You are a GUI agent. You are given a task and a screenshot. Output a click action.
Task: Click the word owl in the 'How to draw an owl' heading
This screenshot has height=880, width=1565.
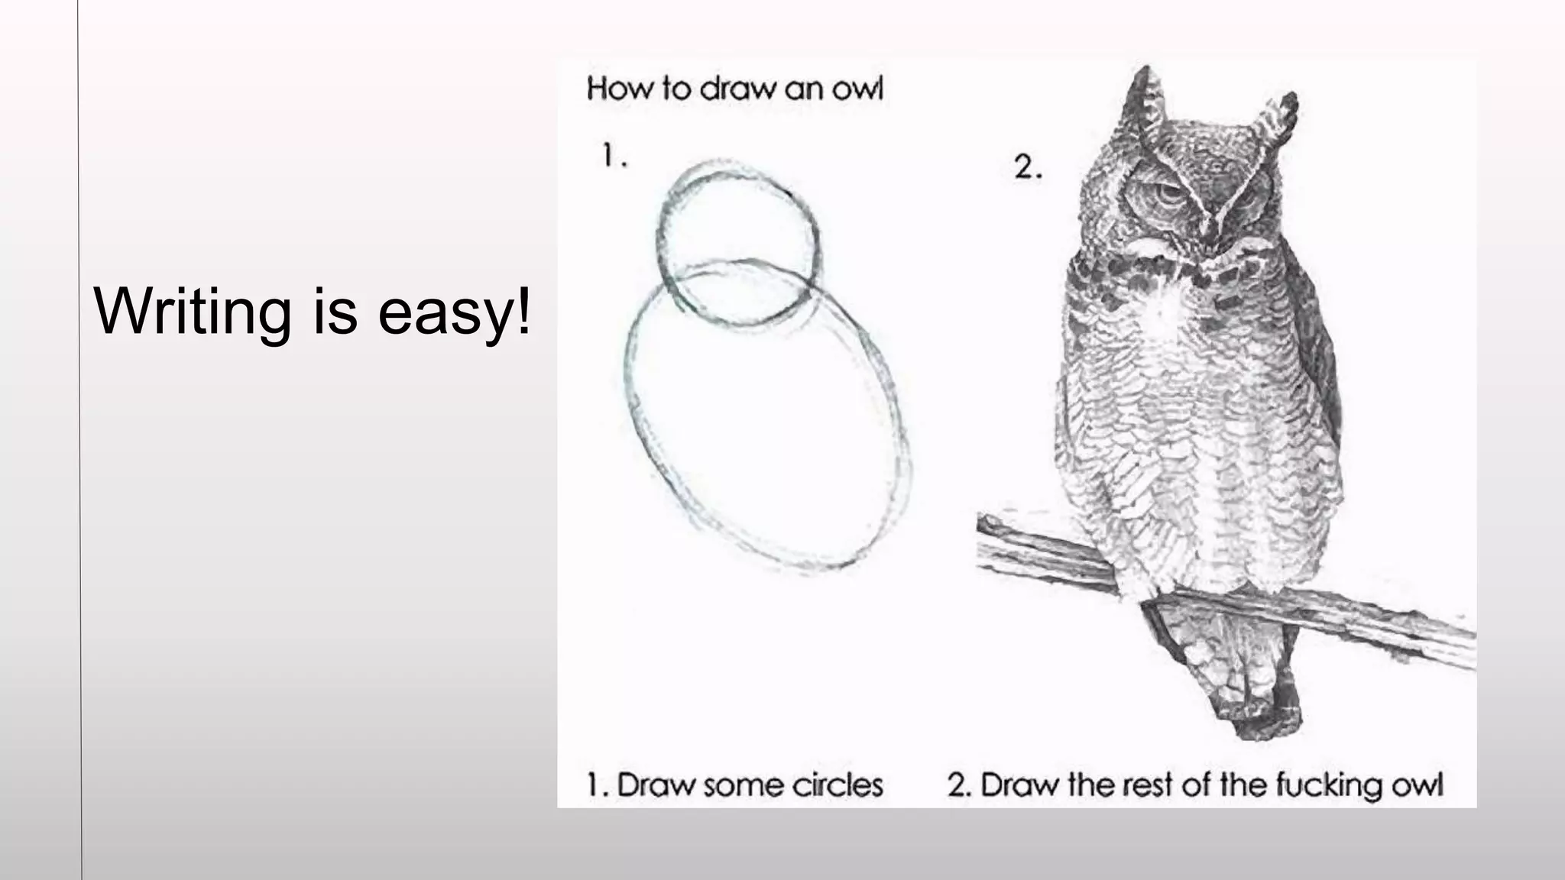click(x=857, y=89)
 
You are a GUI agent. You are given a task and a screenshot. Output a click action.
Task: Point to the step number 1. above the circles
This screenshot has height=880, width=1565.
click(x=614, y=156)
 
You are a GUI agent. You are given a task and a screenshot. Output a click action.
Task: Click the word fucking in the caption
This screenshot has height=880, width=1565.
click(x=1326, y=785)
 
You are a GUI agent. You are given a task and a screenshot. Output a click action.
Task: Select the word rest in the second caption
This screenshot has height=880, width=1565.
click(x=1142, y=785)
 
